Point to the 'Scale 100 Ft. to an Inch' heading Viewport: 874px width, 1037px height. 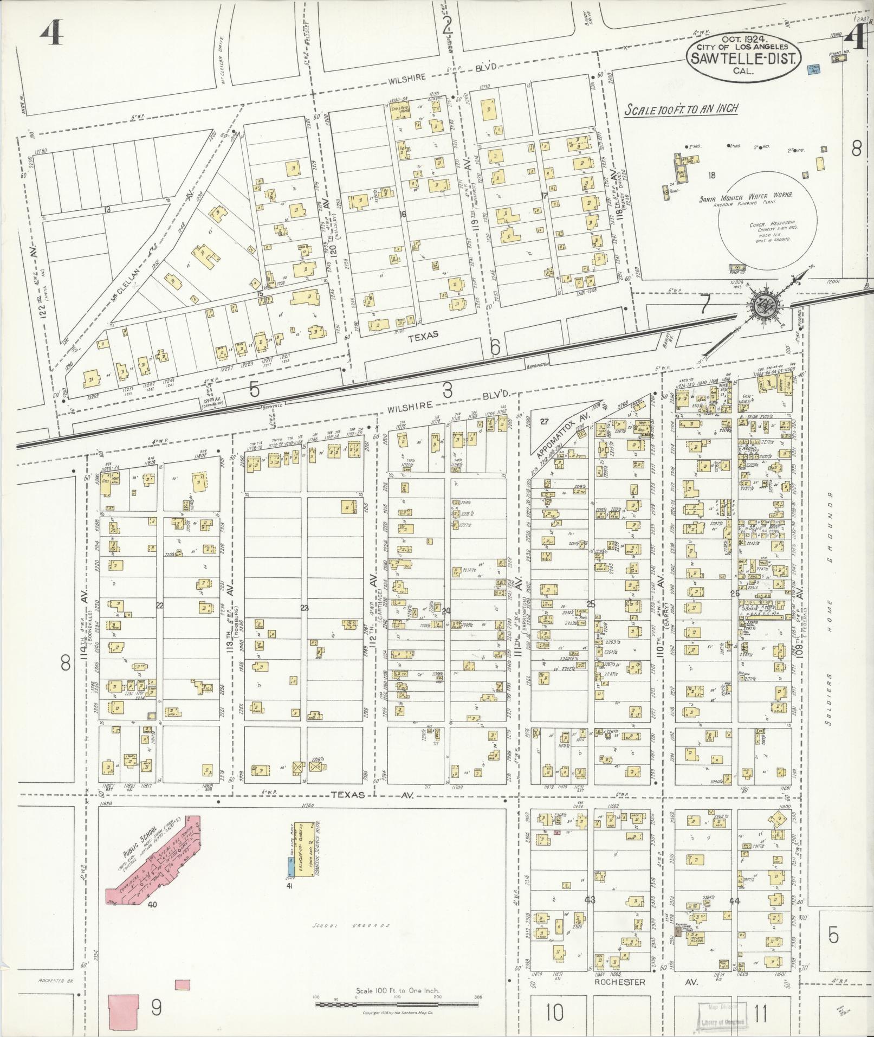point(681,109)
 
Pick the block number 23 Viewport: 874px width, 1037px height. point(304,608)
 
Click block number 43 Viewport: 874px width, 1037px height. point(590,900)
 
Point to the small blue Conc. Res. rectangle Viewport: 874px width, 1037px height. point(813,69)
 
